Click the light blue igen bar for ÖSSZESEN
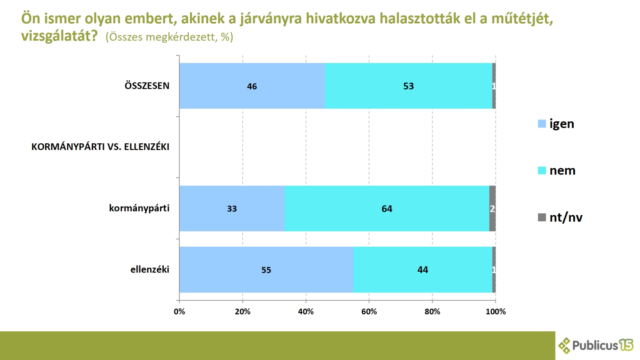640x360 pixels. [252, 86]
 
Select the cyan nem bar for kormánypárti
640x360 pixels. [387, 209]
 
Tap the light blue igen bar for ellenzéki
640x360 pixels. [266, 270]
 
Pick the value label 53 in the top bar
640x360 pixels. [409, 86]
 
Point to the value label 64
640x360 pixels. [387, 209]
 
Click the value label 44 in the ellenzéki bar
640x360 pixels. [422, 270]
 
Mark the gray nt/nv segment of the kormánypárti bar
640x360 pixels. [492, 209]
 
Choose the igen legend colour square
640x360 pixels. [542, 124]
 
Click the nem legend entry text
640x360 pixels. [562, 170]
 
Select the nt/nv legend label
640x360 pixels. [566, 217]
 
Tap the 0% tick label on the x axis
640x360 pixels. [180, 311]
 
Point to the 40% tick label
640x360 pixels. [306, 311]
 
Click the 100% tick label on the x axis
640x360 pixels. [496, 311]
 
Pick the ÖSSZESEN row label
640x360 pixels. [147, 86]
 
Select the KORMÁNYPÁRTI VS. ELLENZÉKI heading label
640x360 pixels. [100, 147]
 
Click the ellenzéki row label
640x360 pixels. [150, 270]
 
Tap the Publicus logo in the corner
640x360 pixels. [596, 345]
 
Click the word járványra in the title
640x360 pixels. [270, 19]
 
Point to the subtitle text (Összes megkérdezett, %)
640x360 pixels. [170, 37]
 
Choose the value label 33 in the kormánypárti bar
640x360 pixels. [232, 209]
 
